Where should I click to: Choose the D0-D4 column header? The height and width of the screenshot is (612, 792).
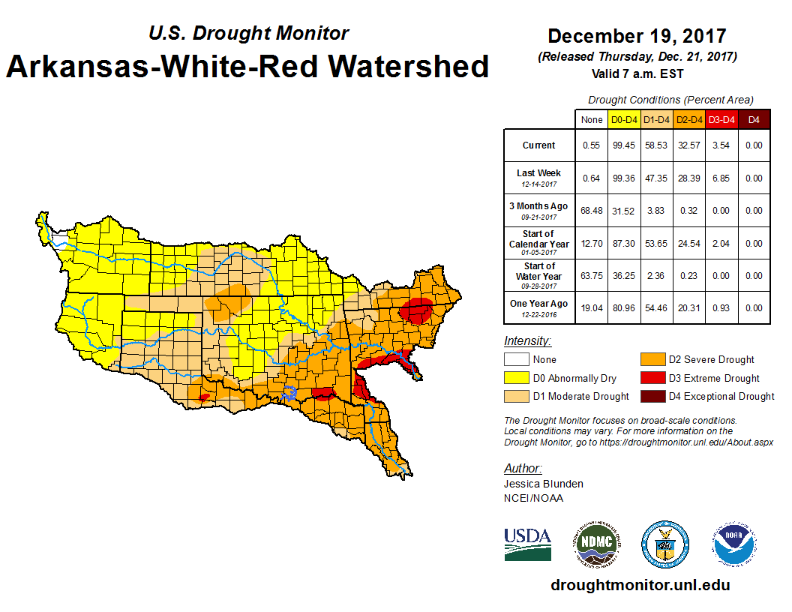624,119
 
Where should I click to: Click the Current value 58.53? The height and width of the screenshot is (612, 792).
656,145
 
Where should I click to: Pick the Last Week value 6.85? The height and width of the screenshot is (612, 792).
721,178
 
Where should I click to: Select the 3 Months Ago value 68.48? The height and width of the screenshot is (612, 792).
592,211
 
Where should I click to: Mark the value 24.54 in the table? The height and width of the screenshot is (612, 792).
688,244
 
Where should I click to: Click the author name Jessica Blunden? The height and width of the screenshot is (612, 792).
543,484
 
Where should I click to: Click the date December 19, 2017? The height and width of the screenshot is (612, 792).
637,36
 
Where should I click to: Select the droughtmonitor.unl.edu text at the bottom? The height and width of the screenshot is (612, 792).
640,585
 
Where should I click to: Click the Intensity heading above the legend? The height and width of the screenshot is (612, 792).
527,341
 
